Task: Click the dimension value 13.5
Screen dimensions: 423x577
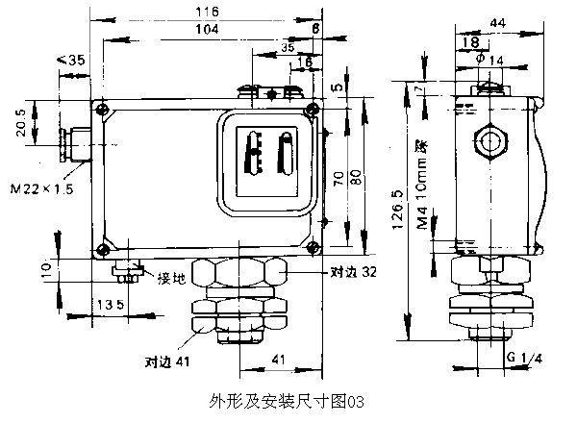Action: click(88, 306)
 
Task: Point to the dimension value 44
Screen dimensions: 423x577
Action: click(498, 22)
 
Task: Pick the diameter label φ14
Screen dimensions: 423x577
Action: click(490, 61)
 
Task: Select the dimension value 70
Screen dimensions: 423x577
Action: click(339, 179)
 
